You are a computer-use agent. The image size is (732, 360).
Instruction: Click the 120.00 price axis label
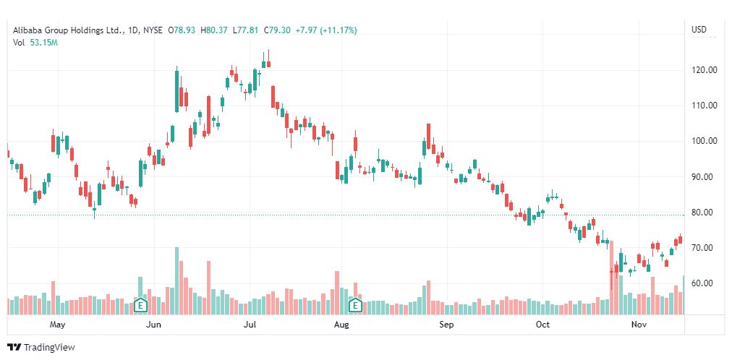point(704,70)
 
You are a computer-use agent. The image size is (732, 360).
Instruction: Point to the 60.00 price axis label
point(704,283)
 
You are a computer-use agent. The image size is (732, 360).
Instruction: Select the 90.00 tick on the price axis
point(704,177)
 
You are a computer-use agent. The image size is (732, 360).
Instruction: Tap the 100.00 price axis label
point(704,142)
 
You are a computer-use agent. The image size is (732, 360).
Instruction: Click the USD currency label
point(699,30)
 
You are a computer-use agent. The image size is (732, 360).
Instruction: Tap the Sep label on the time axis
point(446,325)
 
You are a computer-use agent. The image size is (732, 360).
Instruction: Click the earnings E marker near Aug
point(355,305)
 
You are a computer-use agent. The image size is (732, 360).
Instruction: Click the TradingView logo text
point(48,348)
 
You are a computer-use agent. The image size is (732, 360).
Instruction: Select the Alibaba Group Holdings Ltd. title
point(67,30)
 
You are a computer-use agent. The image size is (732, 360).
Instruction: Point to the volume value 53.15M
point(44,43)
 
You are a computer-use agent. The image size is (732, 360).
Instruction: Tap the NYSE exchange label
point(152,30)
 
